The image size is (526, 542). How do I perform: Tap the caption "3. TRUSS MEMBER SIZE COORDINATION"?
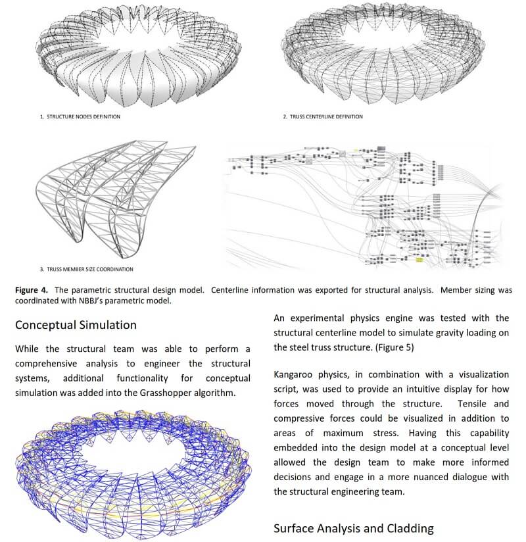(x=87, y=269)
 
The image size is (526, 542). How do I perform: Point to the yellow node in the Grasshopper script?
(x=418, y=260)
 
